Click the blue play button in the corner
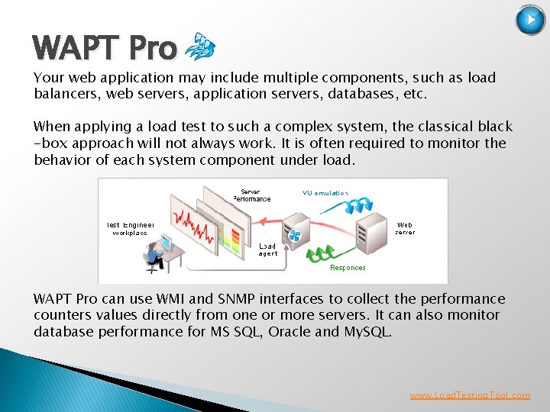(x=530, y=20)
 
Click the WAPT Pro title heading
(x=105, y=49)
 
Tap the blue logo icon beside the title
(x=200, y=47)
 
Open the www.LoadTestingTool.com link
(x=470, y=395)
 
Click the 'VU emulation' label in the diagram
(x=325, y=193)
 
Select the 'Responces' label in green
(x=348, y=268)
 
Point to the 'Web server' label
(x=406, y=228)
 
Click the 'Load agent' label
(x=267, y=250)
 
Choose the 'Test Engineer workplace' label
(x=131, y=228)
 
